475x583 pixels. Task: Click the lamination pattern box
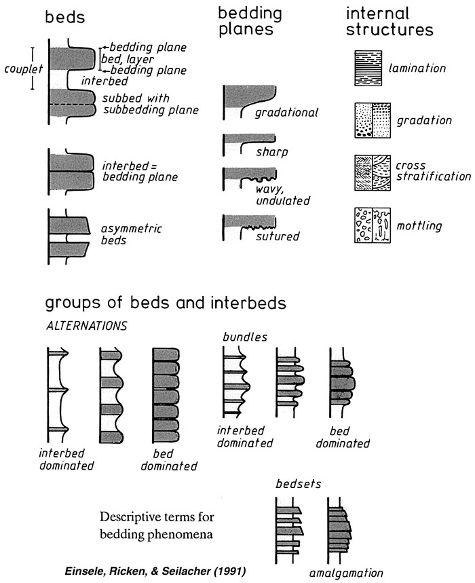pyautogui.click(x=368, y=69)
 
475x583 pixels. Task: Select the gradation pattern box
pyautogui.click(x=373, y=120)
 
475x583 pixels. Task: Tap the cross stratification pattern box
pyautogui.click(x=373, y=173)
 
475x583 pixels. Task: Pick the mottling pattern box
pyautogui.click(x=373, y=225)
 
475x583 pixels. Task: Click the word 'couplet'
pyautogui.click(x=24, y=69)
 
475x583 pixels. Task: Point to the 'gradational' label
pyautogui.click(x=286, y=113)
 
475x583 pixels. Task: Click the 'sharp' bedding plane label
pyautogui.click(x=271, y=152)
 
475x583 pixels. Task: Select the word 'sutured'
pyautogui.click(x=278, y=236)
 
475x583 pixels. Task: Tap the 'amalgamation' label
pyautogui.click(x=346, y=573)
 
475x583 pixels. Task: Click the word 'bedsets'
pyautogui.click(x=299, y=484)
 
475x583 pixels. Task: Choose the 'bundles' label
pyautogui.click(x=245, y=337)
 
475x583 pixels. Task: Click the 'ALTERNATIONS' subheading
pyautogui.click(x=87, y=326)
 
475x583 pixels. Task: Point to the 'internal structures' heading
pyautogui.click(x=389, y=22)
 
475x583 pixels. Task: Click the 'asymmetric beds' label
pyautogui.click(x=132, y=234)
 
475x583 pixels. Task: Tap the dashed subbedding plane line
pyautogui.click(x=72, y=105)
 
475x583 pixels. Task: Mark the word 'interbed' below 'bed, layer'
pyautogui.click(x=104, y=81)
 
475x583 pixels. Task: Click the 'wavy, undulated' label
pyautogui.click(x=283, y=195)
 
